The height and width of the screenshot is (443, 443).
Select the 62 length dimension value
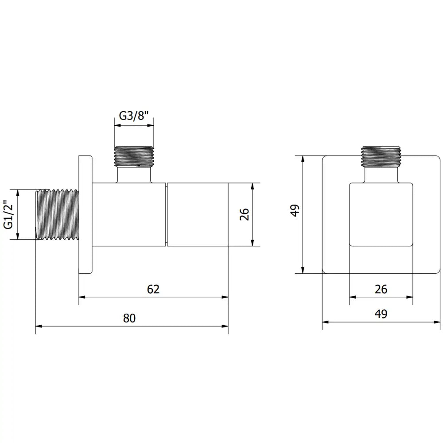click(153, 289)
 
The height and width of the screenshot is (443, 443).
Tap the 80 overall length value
click(129, 318)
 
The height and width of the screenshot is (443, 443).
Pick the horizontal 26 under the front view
click(381, 289)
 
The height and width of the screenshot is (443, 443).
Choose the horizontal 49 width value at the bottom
click(381, 314)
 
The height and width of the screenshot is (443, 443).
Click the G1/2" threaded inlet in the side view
click(57, 215)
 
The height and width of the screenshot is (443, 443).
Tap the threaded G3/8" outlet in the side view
click(135, 156)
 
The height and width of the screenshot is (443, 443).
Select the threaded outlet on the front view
click(381, 156)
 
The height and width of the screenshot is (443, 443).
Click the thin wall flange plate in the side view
click(85, 214)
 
